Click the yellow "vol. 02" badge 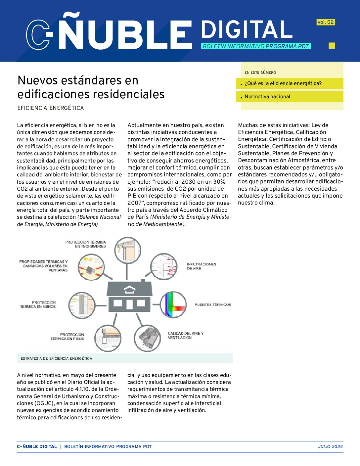coord(326,22)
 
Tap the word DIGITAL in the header coord(246,30)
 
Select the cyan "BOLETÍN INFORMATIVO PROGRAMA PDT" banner coord(255,46)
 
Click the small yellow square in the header coord(332,46)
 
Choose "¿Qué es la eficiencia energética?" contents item coord(283,83)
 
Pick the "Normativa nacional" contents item coord(267,97)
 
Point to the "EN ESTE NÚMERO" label coord(260,72)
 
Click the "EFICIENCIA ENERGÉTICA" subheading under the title coord(51,108)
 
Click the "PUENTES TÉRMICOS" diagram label coord(213,304)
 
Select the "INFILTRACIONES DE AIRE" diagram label coord(202,266)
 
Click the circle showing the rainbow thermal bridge coord(173,304)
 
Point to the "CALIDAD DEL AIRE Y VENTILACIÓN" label coord(185,335)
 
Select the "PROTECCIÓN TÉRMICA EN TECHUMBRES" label coord(85,244)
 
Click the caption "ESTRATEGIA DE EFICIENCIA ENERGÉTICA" coord(57,358)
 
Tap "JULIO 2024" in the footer coord(330,446)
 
